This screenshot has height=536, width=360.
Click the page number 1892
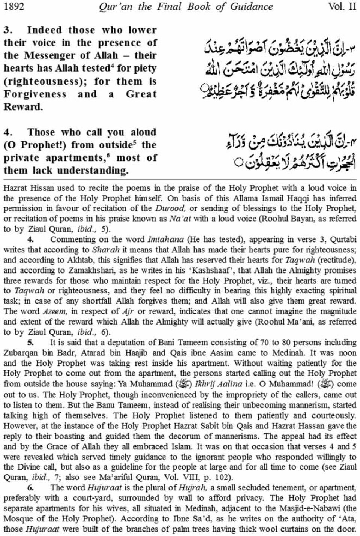(x=13, y=7)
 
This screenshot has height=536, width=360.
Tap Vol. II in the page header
(x=342, y=7)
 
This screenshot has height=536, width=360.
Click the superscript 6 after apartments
(x=108, y=155)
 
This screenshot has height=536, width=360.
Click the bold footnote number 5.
(x=31, y=342)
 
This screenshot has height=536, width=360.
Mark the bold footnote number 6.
(x=31, y=488)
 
